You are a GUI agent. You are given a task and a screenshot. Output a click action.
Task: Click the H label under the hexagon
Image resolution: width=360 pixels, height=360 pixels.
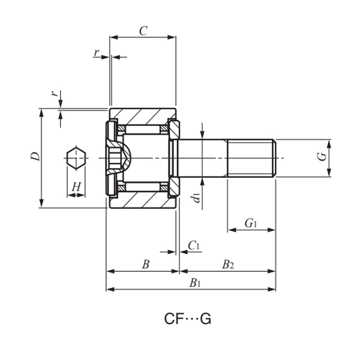point(76,187)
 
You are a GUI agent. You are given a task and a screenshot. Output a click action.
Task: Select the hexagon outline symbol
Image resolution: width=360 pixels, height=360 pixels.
point(76,158)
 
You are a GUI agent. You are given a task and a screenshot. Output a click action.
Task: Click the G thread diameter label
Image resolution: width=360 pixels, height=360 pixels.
point(322,157)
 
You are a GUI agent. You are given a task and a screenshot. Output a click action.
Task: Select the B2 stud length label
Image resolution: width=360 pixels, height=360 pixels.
point(227,264)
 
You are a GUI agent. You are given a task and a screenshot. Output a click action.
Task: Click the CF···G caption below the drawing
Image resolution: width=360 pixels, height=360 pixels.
point(188,320)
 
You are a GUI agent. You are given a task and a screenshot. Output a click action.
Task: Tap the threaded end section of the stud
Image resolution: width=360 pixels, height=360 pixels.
point(251,158)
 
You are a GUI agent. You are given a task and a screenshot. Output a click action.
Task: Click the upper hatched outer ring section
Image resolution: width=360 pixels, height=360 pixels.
point(143,115)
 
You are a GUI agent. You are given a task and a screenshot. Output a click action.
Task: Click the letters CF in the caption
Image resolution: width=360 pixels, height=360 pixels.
point(174,320)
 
